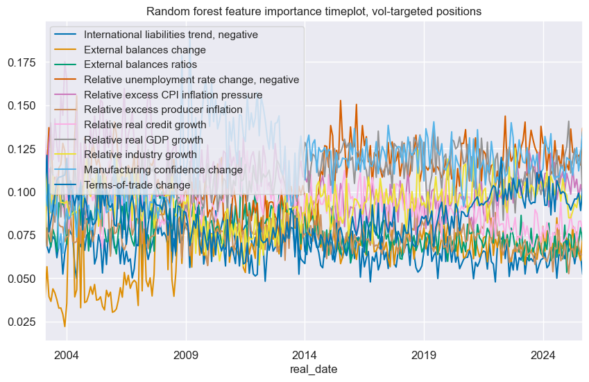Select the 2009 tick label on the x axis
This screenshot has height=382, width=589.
[186, 355]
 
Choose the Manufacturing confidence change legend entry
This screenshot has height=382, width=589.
[163, 170]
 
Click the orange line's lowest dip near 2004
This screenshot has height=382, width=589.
[65, 327]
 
